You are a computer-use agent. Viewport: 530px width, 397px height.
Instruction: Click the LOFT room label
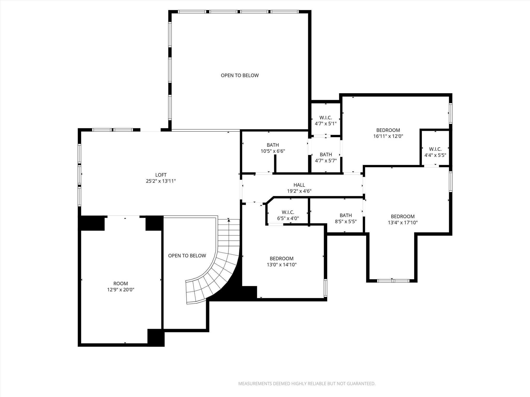tap(161, 175)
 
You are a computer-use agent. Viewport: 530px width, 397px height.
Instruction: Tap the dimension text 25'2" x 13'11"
tap(161, 181)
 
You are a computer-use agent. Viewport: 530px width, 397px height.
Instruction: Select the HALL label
tap(299, 185)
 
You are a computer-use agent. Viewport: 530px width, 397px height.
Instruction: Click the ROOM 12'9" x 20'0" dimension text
tap(121, 290)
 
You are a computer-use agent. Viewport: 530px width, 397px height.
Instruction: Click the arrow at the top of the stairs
tap(229, 220)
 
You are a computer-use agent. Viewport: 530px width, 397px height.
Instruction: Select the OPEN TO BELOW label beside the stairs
tap(187, 256)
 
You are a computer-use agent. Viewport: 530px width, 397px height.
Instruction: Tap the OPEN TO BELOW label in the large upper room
tap(240, 75)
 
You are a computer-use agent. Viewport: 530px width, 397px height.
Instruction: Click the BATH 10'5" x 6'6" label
tap(273, 148)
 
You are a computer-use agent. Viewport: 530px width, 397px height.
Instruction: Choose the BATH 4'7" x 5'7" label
tap(326, 157)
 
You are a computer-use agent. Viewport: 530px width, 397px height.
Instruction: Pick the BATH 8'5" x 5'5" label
tap(345, 218)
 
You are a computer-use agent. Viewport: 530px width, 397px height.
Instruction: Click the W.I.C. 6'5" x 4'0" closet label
tap(288, 215)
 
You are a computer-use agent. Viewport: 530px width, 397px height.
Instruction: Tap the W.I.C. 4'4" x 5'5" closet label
tap(435, 152)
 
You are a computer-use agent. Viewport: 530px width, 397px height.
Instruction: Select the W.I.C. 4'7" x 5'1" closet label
tap(326, 121)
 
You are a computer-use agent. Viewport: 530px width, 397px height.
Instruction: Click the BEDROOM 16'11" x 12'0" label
tap(388, 133)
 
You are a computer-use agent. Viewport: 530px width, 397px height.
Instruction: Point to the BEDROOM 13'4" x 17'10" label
tap(403, 219)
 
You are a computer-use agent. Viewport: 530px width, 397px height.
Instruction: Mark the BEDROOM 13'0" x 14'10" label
tap(282, 261)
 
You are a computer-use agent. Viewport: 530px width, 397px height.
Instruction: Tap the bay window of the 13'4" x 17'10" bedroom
tap(393, 281)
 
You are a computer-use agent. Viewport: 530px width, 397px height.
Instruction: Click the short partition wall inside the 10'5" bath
tap(275, 164)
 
